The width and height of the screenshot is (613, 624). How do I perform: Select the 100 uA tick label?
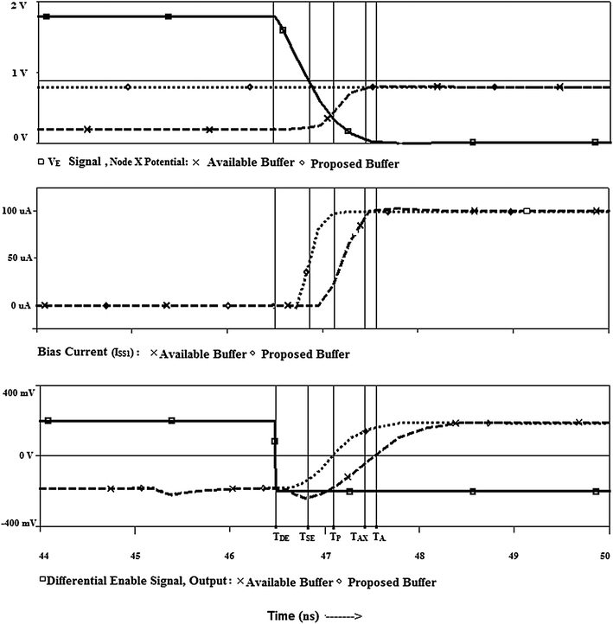[17, 212]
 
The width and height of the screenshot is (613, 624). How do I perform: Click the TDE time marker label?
[279, 536]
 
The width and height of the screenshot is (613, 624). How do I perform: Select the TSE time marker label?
[307, 536]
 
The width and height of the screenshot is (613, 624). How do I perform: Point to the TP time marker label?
[329, 536]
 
